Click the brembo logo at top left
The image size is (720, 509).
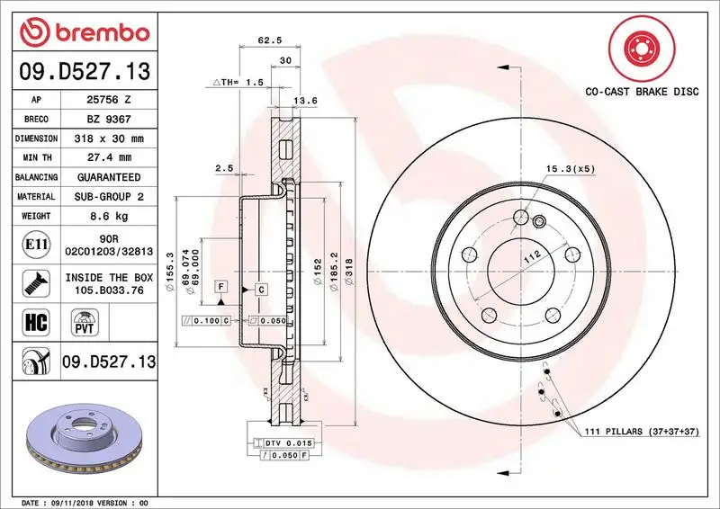(84, 32)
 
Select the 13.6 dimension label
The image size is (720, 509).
(308, 101)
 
